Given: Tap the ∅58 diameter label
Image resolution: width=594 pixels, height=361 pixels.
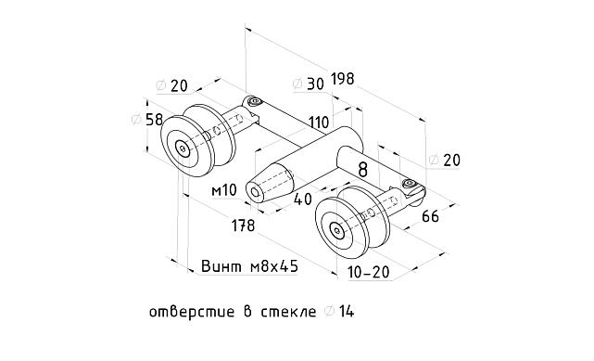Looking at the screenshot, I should tap(148, 120).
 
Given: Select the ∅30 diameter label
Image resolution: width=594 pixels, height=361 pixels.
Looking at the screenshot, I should tap(308, 84).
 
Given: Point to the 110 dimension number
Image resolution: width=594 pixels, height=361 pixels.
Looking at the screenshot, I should tap(319, 122).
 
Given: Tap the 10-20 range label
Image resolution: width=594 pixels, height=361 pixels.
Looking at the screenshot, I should tap(369, 273).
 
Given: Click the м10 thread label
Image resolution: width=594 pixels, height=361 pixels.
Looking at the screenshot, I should tap(225, 190).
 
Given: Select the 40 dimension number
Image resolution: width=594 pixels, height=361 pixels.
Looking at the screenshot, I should tap(303, 198).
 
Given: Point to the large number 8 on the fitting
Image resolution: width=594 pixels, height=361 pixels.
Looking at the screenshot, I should tap(362, 169).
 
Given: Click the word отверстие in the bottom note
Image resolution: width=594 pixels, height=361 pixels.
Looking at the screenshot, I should tap(192, 312).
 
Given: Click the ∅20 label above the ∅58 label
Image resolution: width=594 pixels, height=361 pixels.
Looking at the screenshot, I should tap(172, 85).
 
